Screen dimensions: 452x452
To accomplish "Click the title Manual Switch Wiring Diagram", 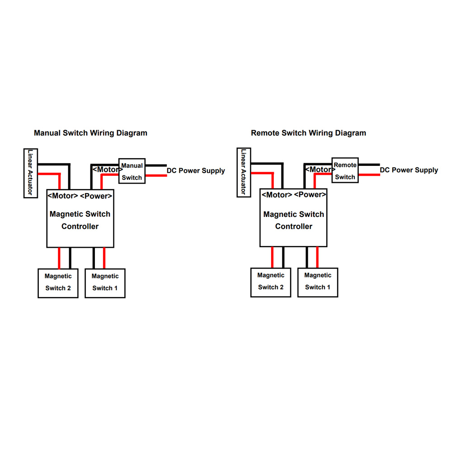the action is tap(90, 133).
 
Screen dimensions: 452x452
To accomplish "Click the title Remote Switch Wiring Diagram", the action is tap(308, 133).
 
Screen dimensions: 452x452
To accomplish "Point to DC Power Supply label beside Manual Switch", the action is tap(196, 171).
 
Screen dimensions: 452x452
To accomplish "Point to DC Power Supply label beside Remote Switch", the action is tap(409, 170).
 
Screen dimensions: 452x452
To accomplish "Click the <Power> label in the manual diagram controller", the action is tap(96, 196).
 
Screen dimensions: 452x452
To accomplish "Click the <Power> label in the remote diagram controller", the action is tap(310, 195).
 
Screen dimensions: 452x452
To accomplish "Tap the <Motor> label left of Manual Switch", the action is tap(107, 169).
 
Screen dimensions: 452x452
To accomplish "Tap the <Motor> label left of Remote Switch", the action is tap(320, 169).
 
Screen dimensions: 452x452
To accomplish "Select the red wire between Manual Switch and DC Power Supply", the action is tap(156, 175).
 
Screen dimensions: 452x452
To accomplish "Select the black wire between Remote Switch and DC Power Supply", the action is tap(369, 165).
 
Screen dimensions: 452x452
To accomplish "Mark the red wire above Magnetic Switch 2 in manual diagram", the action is tap(59, 258).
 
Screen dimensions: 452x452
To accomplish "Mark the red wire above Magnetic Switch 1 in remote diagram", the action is tap(317, 257).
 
